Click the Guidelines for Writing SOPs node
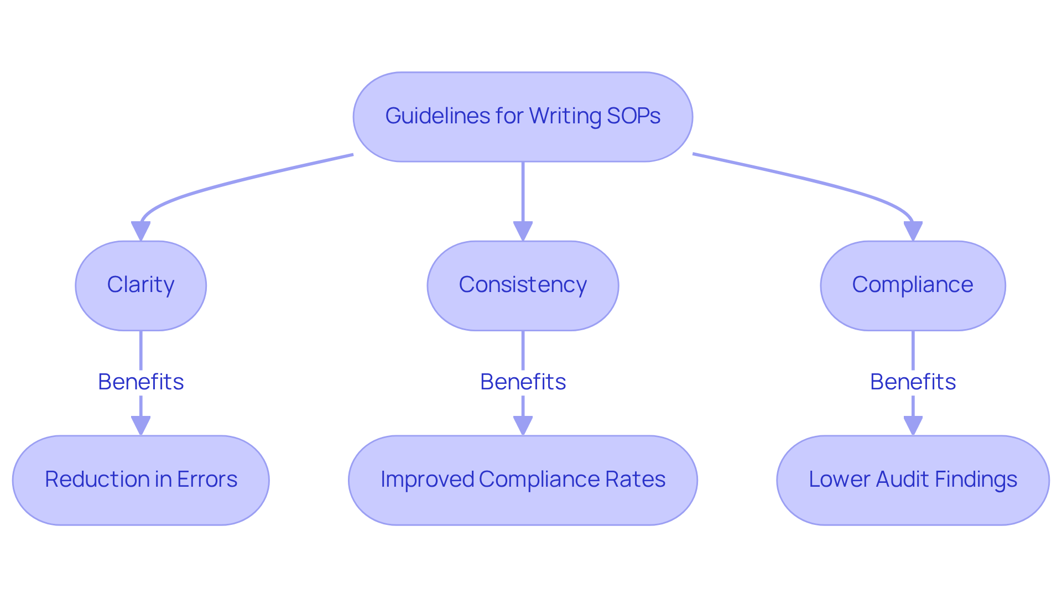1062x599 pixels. tap(523, 117)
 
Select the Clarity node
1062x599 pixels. tap(140, 285)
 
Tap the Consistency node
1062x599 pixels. tap(523, 285)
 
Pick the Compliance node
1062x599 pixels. tap(913, 285)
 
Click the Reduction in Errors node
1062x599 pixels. tap(140, 480)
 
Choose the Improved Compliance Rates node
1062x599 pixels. tap(523, 480)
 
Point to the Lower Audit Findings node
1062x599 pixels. tap(913, 480)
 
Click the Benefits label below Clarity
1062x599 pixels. tap(140, 382)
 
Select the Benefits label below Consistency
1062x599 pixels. tap(523, 382)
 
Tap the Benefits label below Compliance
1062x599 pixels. tap(913, 382)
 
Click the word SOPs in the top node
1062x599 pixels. tap(633, 116)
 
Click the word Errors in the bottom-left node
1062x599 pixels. tap(207, 479)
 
